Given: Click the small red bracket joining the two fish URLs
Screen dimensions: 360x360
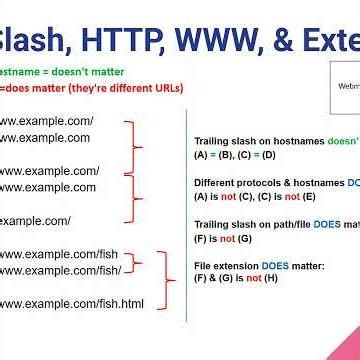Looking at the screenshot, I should [x=141, y=262].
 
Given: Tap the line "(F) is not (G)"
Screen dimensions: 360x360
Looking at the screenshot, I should [x=225, y=238].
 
